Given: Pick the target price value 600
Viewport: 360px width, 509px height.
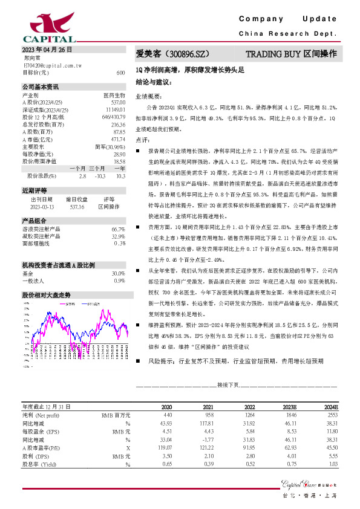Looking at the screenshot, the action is click(x=120, y=73).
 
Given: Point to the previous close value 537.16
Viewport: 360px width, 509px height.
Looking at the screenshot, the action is click(x=76, y=207).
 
